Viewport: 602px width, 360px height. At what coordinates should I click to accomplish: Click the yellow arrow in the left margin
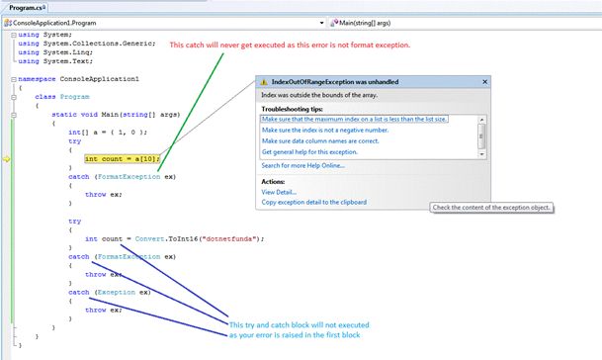7,158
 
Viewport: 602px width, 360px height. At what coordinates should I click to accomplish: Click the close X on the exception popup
483,84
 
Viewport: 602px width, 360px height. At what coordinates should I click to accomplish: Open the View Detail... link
279,192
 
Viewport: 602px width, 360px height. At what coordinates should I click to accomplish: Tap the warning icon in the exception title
264,84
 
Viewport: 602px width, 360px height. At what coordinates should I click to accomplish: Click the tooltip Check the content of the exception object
490,207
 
